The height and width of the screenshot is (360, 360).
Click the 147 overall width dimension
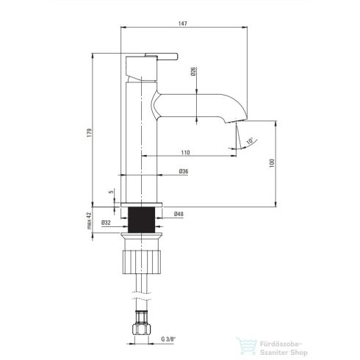[183, 24]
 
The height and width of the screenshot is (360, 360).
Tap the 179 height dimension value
[90, 132]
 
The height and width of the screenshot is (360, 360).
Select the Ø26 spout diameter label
[193, 71]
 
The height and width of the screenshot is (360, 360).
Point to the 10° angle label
[250, 140]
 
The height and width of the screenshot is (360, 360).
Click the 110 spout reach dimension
[185, 153]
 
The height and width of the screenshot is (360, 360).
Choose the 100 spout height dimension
[272, 163]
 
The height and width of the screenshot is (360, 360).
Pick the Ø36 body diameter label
[184, 171]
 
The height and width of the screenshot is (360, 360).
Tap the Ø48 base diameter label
[179, 214]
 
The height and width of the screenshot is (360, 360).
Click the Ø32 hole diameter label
[106, 223]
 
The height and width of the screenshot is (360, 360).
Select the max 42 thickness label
[89, 220]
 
